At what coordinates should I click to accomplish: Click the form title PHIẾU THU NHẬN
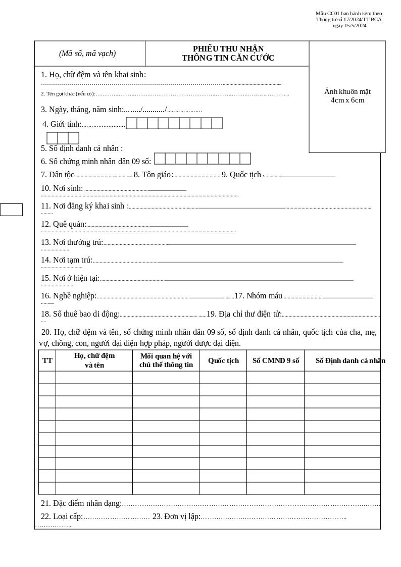click(228, 49)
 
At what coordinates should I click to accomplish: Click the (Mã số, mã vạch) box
click(87, 54)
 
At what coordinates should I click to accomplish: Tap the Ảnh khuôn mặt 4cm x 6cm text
click(347, 96)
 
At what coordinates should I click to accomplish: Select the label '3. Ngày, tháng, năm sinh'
click(82, 110)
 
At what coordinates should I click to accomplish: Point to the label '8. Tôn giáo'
click(153, 175)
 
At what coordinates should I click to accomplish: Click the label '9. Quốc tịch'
click(241, 175)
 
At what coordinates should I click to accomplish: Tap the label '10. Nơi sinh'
click(62, 188)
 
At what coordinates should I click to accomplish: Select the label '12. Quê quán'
click(64, 224)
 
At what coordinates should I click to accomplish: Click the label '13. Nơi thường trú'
click(72, 242)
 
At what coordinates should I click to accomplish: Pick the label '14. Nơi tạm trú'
click(67, 260)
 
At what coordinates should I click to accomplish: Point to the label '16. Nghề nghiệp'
click(69, 296)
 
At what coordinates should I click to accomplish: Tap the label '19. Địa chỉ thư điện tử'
click(244, 314)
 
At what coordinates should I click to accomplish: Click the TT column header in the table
click(47, 360)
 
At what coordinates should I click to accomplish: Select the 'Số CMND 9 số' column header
click(275, 360)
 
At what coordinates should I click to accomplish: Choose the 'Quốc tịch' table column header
click(223, 360)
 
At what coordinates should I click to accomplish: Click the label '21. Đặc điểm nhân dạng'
click(81, 503)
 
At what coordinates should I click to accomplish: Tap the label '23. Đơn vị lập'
click(176, 517)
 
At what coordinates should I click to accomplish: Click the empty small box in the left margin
click(11, 210)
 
